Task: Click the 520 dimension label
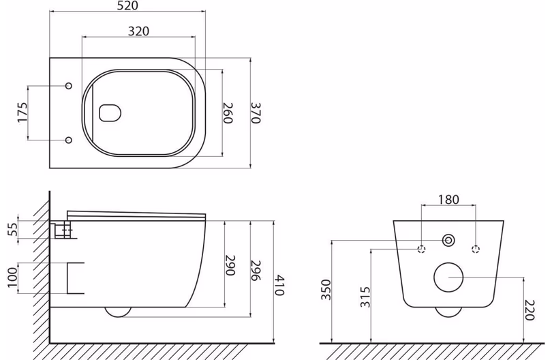click(128, 5)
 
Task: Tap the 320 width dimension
click(138, 31)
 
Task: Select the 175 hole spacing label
click(22, 112)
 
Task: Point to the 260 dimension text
click(228, 112)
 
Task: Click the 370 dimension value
click(256, 112)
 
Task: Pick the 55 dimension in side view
click(13, 230)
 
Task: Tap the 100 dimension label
click(12, 277)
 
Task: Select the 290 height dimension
click(230, 266)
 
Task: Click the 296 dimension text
click(256, 271)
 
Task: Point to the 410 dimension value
click(279, 285)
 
